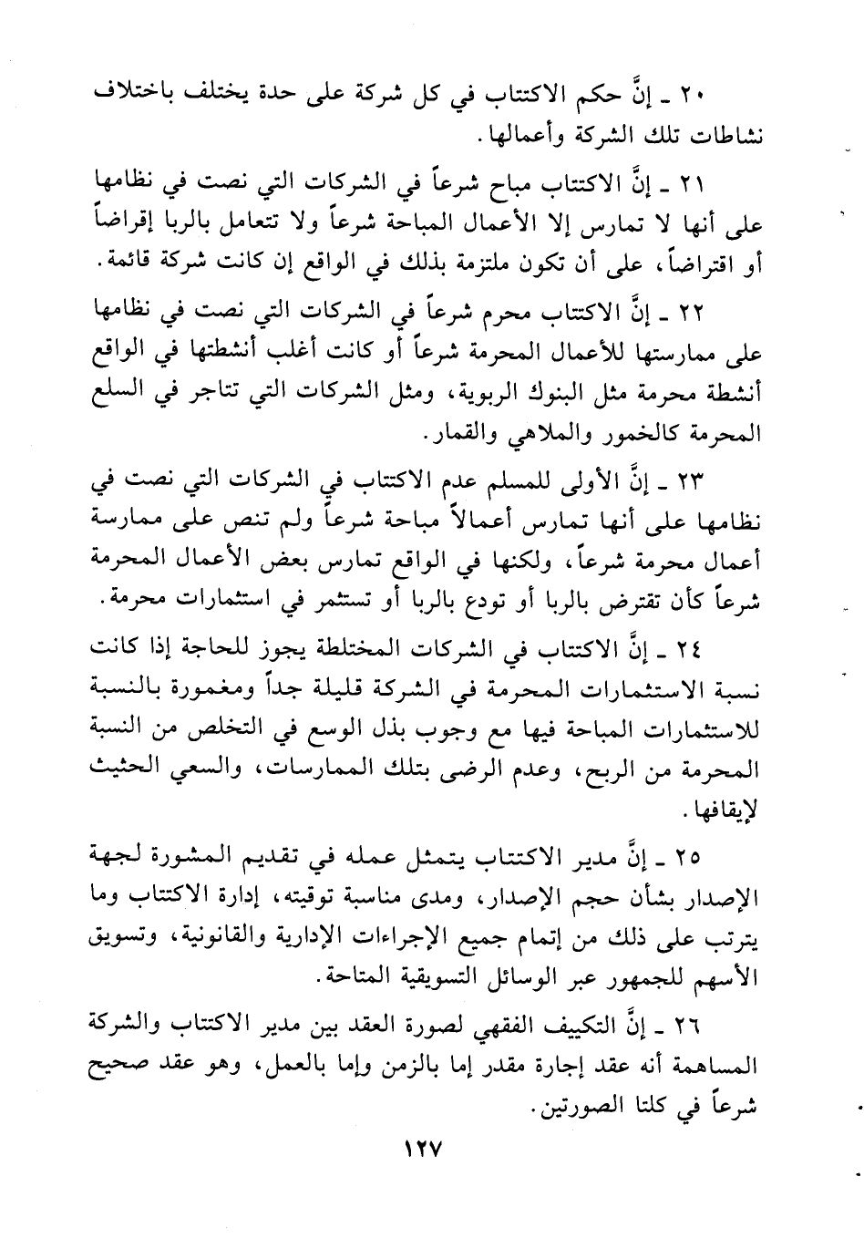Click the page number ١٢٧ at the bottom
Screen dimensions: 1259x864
420,1151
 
